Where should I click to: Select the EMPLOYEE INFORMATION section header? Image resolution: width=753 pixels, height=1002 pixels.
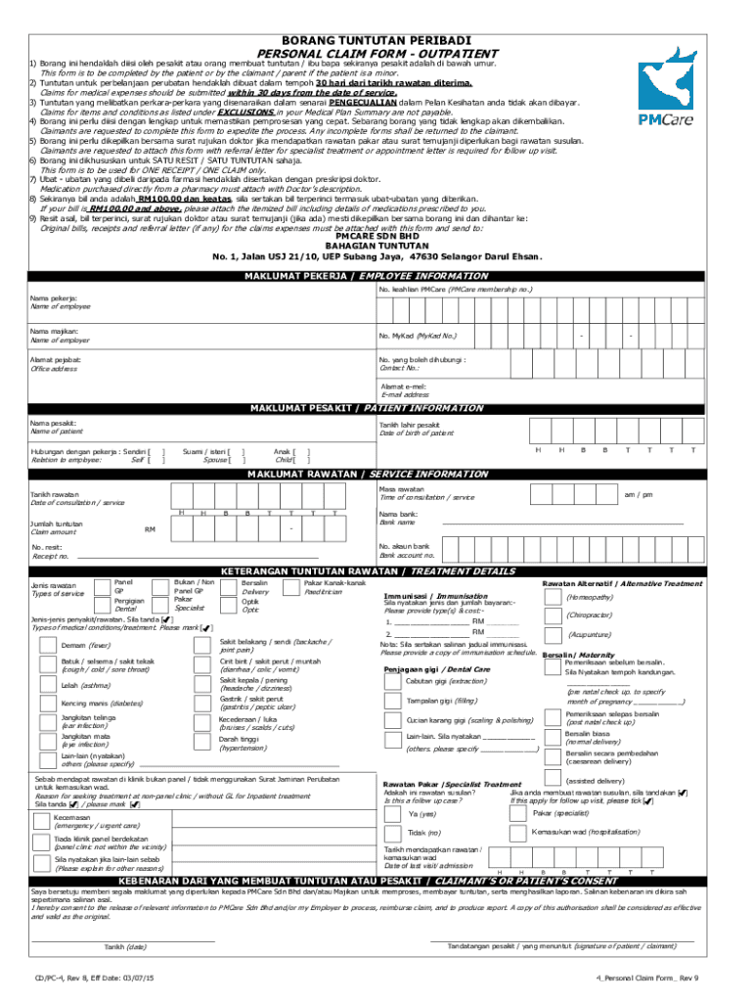[x=376, y=276]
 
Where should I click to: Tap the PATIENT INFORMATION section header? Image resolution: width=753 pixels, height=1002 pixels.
[x=376, y=408]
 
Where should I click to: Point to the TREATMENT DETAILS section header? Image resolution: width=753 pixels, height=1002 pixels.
[x=376, y=570]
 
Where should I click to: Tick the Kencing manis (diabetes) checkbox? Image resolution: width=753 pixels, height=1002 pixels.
[x=45, y=703]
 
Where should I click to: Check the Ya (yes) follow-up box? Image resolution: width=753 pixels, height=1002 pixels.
[x=393, y=814]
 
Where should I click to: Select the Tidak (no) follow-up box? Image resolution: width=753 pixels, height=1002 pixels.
[x=393, y=833]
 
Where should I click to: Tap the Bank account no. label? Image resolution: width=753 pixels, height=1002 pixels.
[x=404, y=554]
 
